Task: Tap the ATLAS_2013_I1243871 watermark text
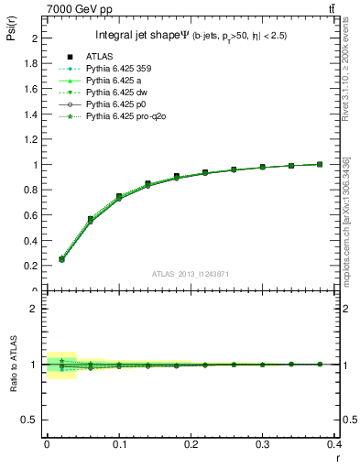(191, 274)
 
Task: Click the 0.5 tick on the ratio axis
(34, 420)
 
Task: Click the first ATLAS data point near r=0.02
(61, 259)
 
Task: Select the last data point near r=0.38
(319, 165)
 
